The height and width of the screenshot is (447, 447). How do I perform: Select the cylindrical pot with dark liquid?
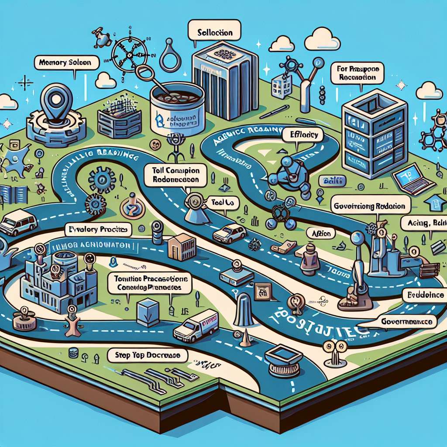click(177, 105)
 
